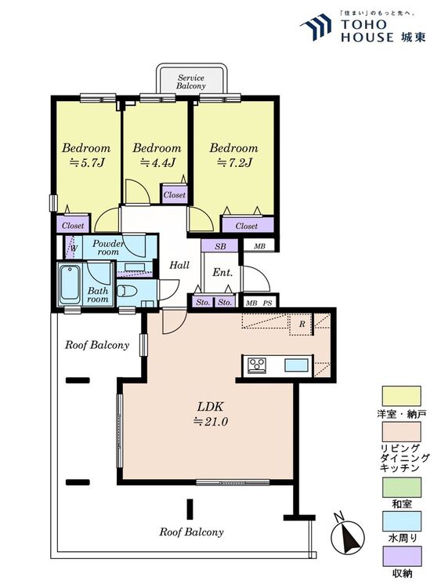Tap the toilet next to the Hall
pyautogui.click(x=125, y=291)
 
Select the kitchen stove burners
pyautogui.click(x=258, y=365)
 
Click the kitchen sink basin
pyautogui.click(x=296, y=365)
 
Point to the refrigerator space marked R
pyautogui.click(x=302, y=324)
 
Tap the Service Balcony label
pyautogui.click(x=191, y=82)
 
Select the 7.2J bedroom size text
pyautogui.click(x=234, y=163)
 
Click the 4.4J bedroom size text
pyautogui.click(x=157, y=163)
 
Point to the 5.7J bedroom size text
pyautogui.click(x=86, y=163)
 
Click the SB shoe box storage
pyautogui.click(x=220, y=246)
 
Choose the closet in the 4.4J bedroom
pyautogui.click(x=174, y=195)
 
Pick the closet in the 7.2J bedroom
pyautogui.click(x=248, y=225)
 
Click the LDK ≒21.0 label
pyautogui.click(x=211, y=414)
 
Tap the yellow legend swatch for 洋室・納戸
pyautogui.click(x=401, y=396)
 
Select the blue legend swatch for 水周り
pyautogui.click(x=401, y=521)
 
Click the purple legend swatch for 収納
pyautogui.click(x=401, y=557)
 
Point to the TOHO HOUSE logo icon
pyautogui.click(x=316, y=27)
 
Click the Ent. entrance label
pyautogui.click(x=222, y=273)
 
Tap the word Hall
pyautogui.click(x=179, y=265)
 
